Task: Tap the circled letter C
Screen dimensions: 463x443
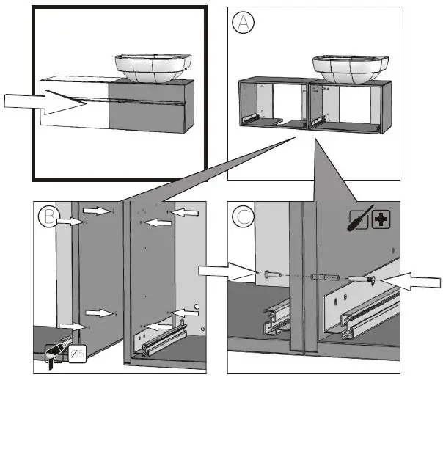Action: (x=244, y=217)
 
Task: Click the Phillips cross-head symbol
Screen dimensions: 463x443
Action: (x=381, y=219)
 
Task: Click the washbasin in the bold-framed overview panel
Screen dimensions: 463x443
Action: (x=151, y=68)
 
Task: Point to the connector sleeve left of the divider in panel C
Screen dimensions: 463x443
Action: (x=270, y=275)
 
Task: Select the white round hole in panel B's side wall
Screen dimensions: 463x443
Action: (x=196, y=305)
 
